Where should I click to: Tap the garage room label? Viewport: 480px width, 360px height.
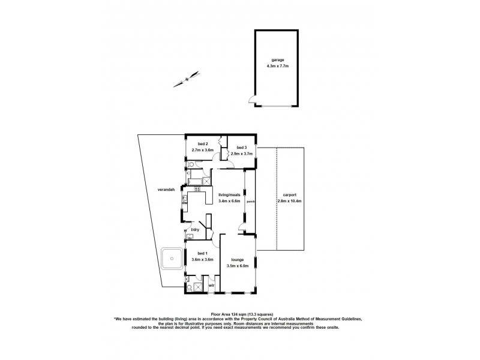point(277,60)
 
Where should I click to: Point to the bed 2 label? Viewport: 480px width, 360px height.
point(199,144)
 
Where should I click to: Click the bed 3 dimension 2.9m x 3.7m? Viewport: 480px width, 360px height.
point(242,154)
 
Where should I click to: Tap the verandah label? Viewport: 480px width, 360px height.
point(166,190)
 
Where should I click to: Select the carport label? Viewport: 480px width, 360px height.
point(289,194)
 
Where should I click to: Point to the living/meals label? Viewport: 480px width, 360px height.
point(230,195)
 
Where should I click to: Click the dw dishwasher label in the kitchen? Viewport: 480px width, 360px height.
point(185,202)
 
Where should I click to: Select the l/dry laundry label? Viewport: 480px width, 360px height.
point(195,230)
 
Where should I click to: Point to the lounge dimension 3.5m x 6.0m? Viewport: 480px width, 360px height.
point(237,265)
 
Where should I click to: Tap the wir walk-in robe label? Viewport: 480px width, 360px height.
point(211,286)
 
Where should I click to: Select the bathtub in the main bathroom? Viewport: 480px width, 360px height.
point(196,180)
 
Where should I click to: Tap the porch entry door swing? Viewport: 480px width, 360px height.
point(242,226)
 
